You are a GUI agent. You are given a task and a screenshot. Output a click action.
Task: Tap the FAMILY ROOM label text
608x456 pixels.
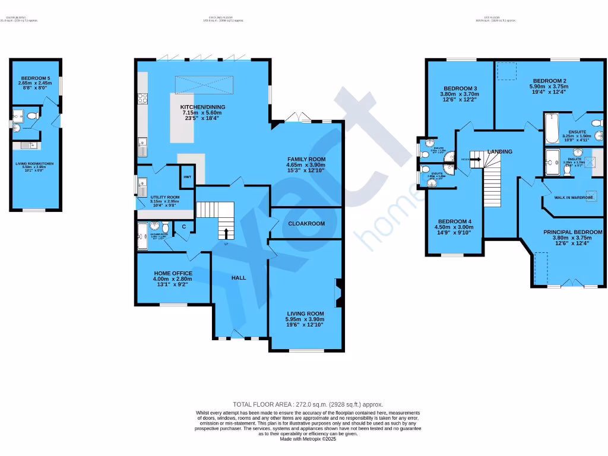pos(306,159)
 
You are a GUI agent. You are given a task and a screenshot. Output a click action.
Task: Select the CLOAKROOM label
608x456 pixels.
pos(306,224)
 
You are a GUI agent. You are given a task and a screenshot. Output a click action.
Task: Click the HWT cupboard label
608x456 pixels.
pos(187,178)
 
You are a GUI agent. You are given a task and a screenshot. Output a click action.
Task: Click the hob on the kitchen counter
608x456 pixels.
pos(142,99)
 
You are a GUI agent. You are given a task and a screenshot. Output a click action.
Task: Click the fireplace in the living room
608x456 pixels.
pos(338,293)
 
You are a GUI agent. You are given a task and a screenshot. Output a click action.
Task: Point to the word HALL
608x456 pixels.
pos(239,277)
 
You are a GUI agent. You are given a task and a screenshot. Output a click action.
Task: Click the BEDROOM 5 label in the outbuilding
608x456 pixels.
pos(36,78)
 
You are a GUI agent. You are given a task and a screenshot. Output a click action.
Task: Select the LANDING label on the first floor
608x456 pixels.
pos(499,152)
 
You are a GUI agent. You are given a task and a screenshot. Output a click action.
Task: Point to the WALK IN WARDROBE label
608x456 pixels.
pos(574,197)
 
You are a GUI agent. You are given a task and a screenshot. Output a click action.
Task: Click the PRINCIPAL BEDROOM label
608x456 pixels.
pos(573,232)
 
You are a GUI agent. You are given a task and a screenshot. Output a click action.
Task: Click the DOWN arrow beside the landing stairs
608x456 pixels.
pos(475,159)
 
